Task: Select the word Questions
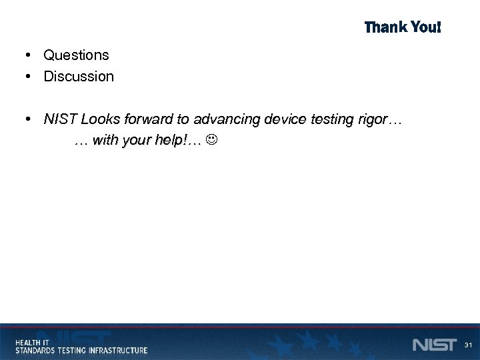point(76,55)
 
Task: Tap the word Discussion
point(79,76)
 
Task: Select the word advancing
point(227,119)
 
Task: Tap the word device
point(283,119)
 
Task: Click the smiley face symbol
point(212,141)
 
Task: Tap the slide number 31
point(469,345)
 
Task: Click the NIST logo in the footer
point(434,345)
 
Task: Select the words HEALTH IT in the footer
point(32,341)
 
